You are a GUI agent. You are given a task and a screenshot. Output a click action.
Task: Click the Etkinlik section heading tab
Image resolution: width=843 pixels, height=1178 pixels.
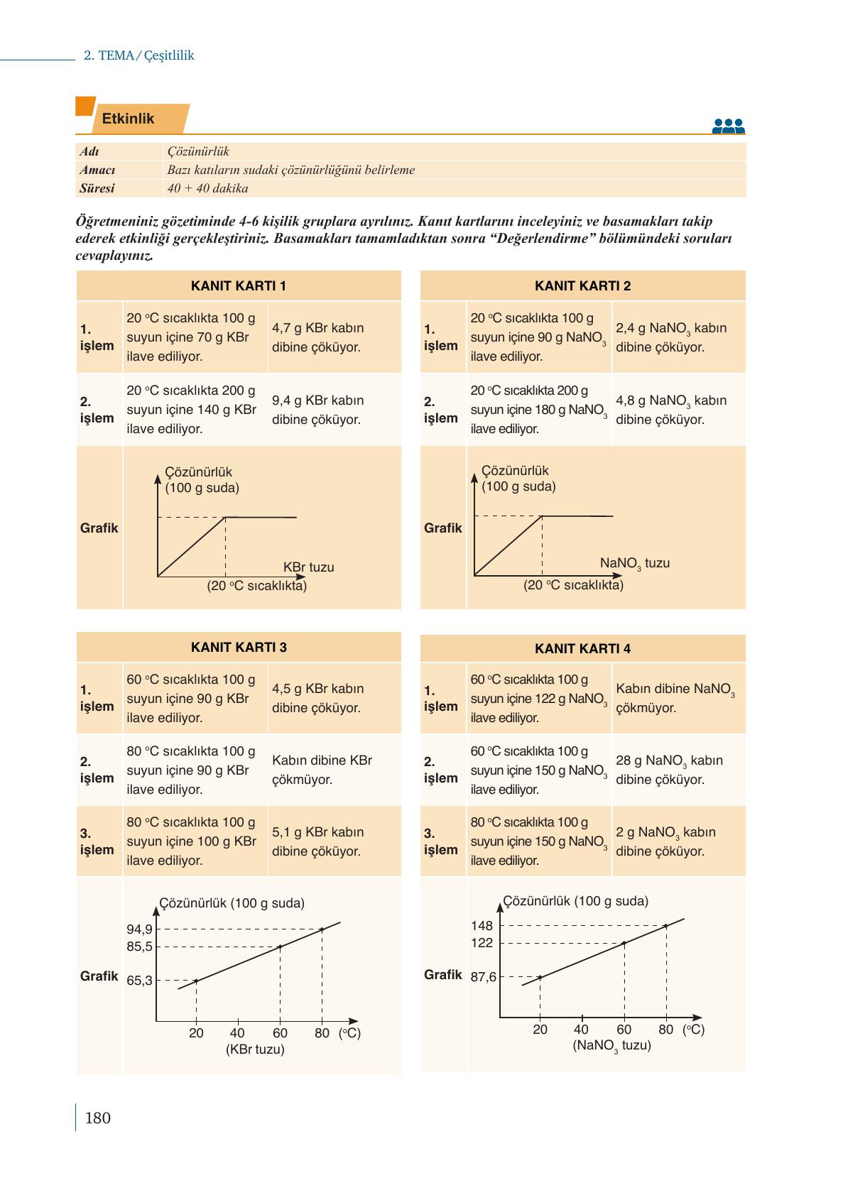pyautogui.click(x=129, y=119)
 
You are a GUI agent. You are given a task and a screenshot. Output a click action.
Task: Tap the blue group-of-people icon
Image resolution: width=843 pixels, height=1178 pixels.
pyautogui.click(x=728, y=126)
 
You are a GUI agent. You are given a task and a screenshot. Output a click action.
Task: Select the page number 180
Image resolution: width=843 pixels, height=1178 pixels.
pyautogui.click(x=97, y=1118)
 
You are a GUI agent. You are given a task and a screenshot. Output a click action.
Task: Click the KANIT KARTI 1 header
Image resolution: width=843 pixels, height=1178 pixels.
pyautogui.click(x=239, y=286)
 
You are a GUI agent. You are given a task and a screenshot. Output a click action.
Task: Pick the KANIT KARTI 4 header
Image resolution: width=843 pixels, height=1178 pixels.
pyautogui.click(x=582, y=648)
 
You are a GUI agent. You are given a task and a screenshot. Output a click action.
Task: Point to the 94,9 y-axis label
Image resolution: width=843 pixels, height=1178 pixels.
pyautogui.click(x=139, y=929)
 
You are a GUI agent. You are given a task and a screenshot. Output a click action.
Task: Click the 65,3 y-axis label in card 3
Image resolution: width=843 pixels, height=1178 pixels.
pyautogui.click(x=139, y=981)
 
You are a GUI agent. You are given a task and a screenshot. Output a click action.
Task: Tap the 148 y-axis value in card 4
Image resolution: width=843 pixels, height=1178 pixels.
pyautogui.click(x=482, y=926)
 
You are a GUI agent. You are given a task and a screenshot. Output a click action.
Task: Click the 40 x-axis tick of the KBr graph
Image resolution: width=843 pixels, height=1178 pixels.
pyautogui.click(x=237, y=1033)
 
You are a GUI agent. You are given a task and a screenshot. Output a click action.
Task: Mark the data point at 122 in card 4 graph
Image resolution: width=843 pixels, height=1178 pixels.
pyautogui.click(x=624, y=943)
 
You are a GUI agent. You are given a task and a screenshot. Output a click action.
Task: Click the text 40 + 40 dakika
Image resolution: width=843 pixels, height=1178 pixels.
pyautogui.click(x=207, y=189)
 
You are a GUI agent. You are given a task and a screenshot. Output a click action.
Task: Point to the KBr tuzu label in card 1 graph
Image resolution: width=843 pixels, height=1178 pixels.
pyautogui.click(x=308, y=567)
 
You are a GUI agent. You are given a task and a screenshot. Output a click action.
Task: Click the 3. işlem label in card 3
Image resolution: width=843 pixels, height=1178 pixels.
pyautogui.click(x=97, y=841)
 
